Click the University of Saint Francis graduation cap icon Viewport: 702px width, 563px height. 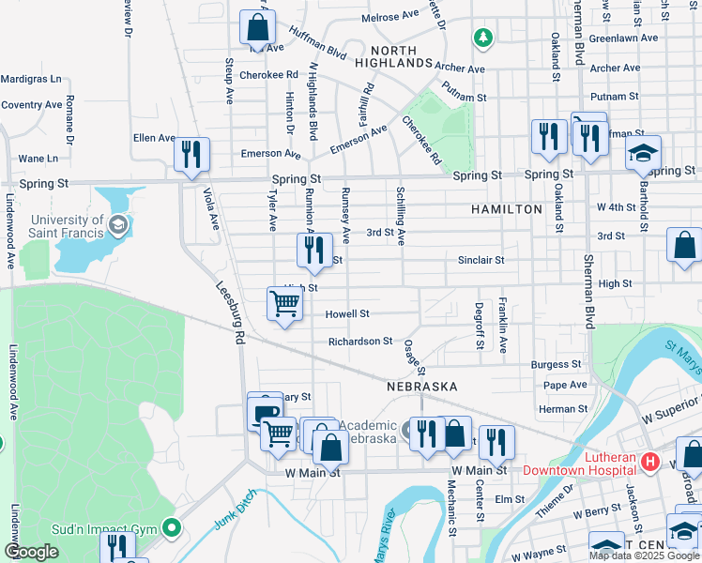118,225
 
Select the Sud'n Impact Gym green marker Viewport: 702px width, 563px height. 171,529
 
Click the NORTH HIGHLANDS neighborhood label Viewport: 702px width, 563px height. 400,55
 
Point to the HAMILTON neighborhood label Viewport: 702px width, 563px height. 507,209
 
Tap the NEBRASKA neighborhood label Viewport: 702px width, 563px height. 422,387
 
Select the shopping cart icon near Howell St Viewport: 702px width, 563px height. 284,303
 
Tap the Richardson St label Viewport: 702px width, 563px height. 360,342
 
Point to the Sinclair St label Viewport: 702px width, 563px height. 481,260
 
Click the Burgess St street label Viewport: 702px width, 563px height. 557,364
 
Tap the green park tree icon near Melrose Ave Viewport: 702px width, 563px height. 483,38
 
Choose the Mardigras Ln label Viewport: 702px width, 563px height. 31,79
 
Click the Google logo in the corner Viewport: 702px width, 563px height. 31,552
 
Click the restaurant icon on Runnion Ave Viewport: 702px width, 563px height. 314,250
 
